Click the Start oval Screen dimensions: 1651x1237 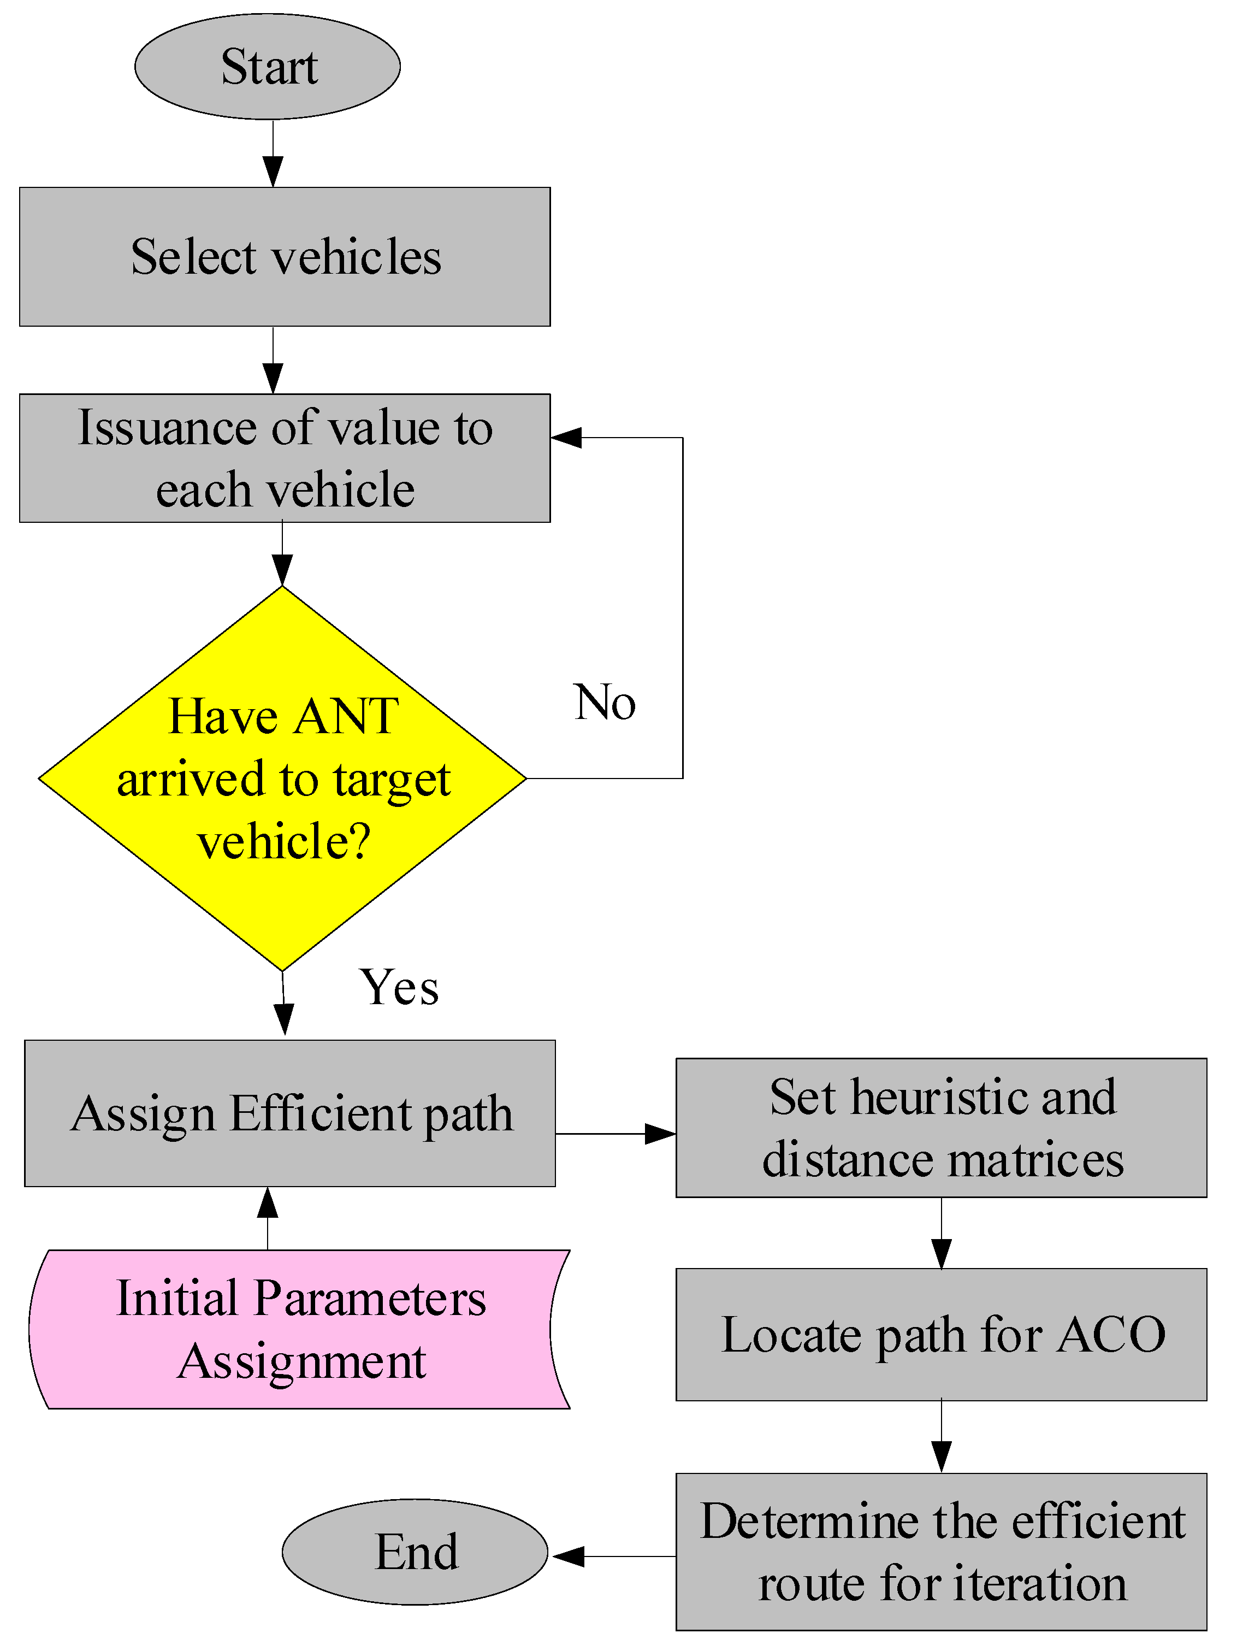coord(267,67)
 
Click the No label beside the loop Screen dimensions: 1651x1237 coord(605,703)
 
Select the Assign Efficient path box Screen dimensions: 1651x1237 coord(289,1113)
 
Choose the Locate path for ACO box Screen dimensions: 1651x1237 coord(941,1335)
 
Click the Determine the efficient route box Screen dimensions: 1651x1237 coord(941,1551)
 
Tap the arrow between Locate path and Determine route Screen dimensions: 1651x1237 coord(941,1437)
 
